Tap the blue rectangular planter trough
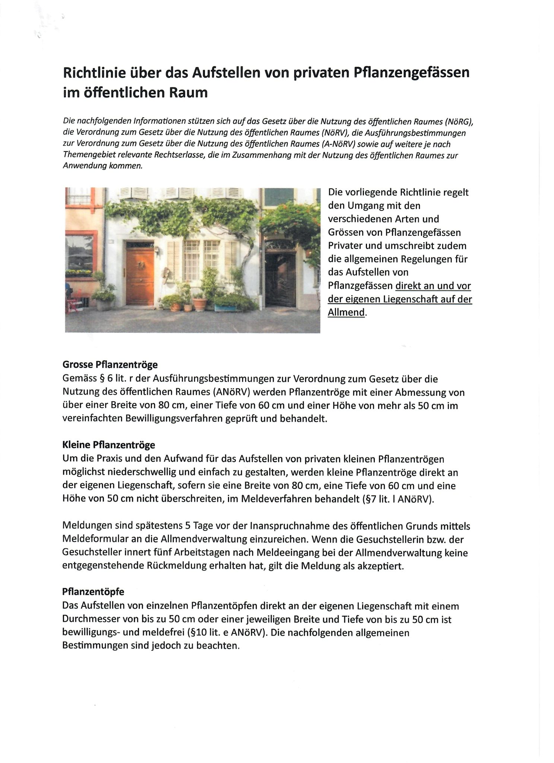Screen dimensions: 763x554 227,308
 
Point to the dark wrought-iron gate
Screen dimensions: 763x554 280,278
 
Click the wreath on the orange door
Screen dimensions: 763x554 141,266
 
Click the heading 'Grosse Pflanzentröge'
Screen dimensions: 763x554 110,364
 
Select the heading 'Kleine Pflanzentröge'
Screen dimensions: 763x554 109,445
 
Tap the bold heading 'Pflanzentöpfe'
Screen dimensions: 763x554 94,592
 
